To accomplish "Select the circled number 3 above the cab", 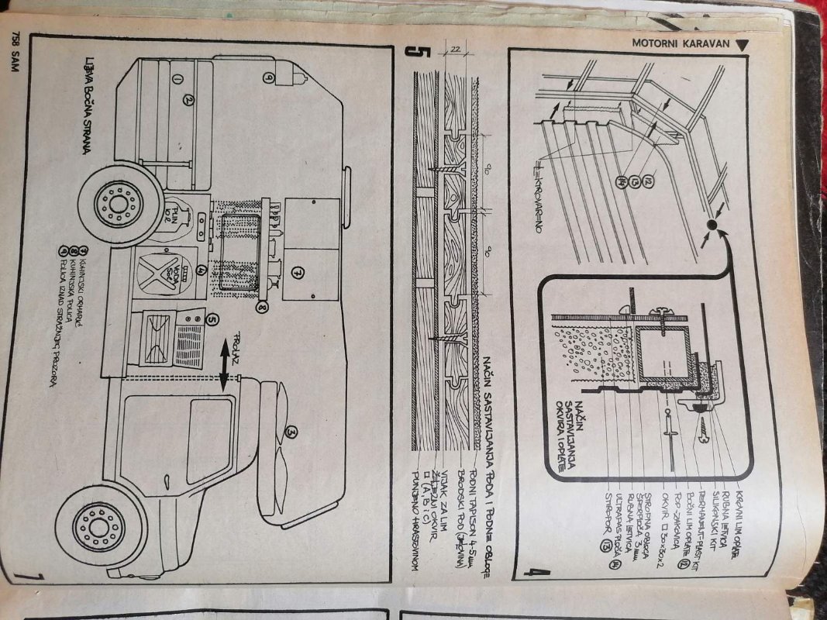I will [x=291, y=431].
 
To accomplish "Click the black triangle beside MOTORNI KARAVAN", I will [x=743, y=44].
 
